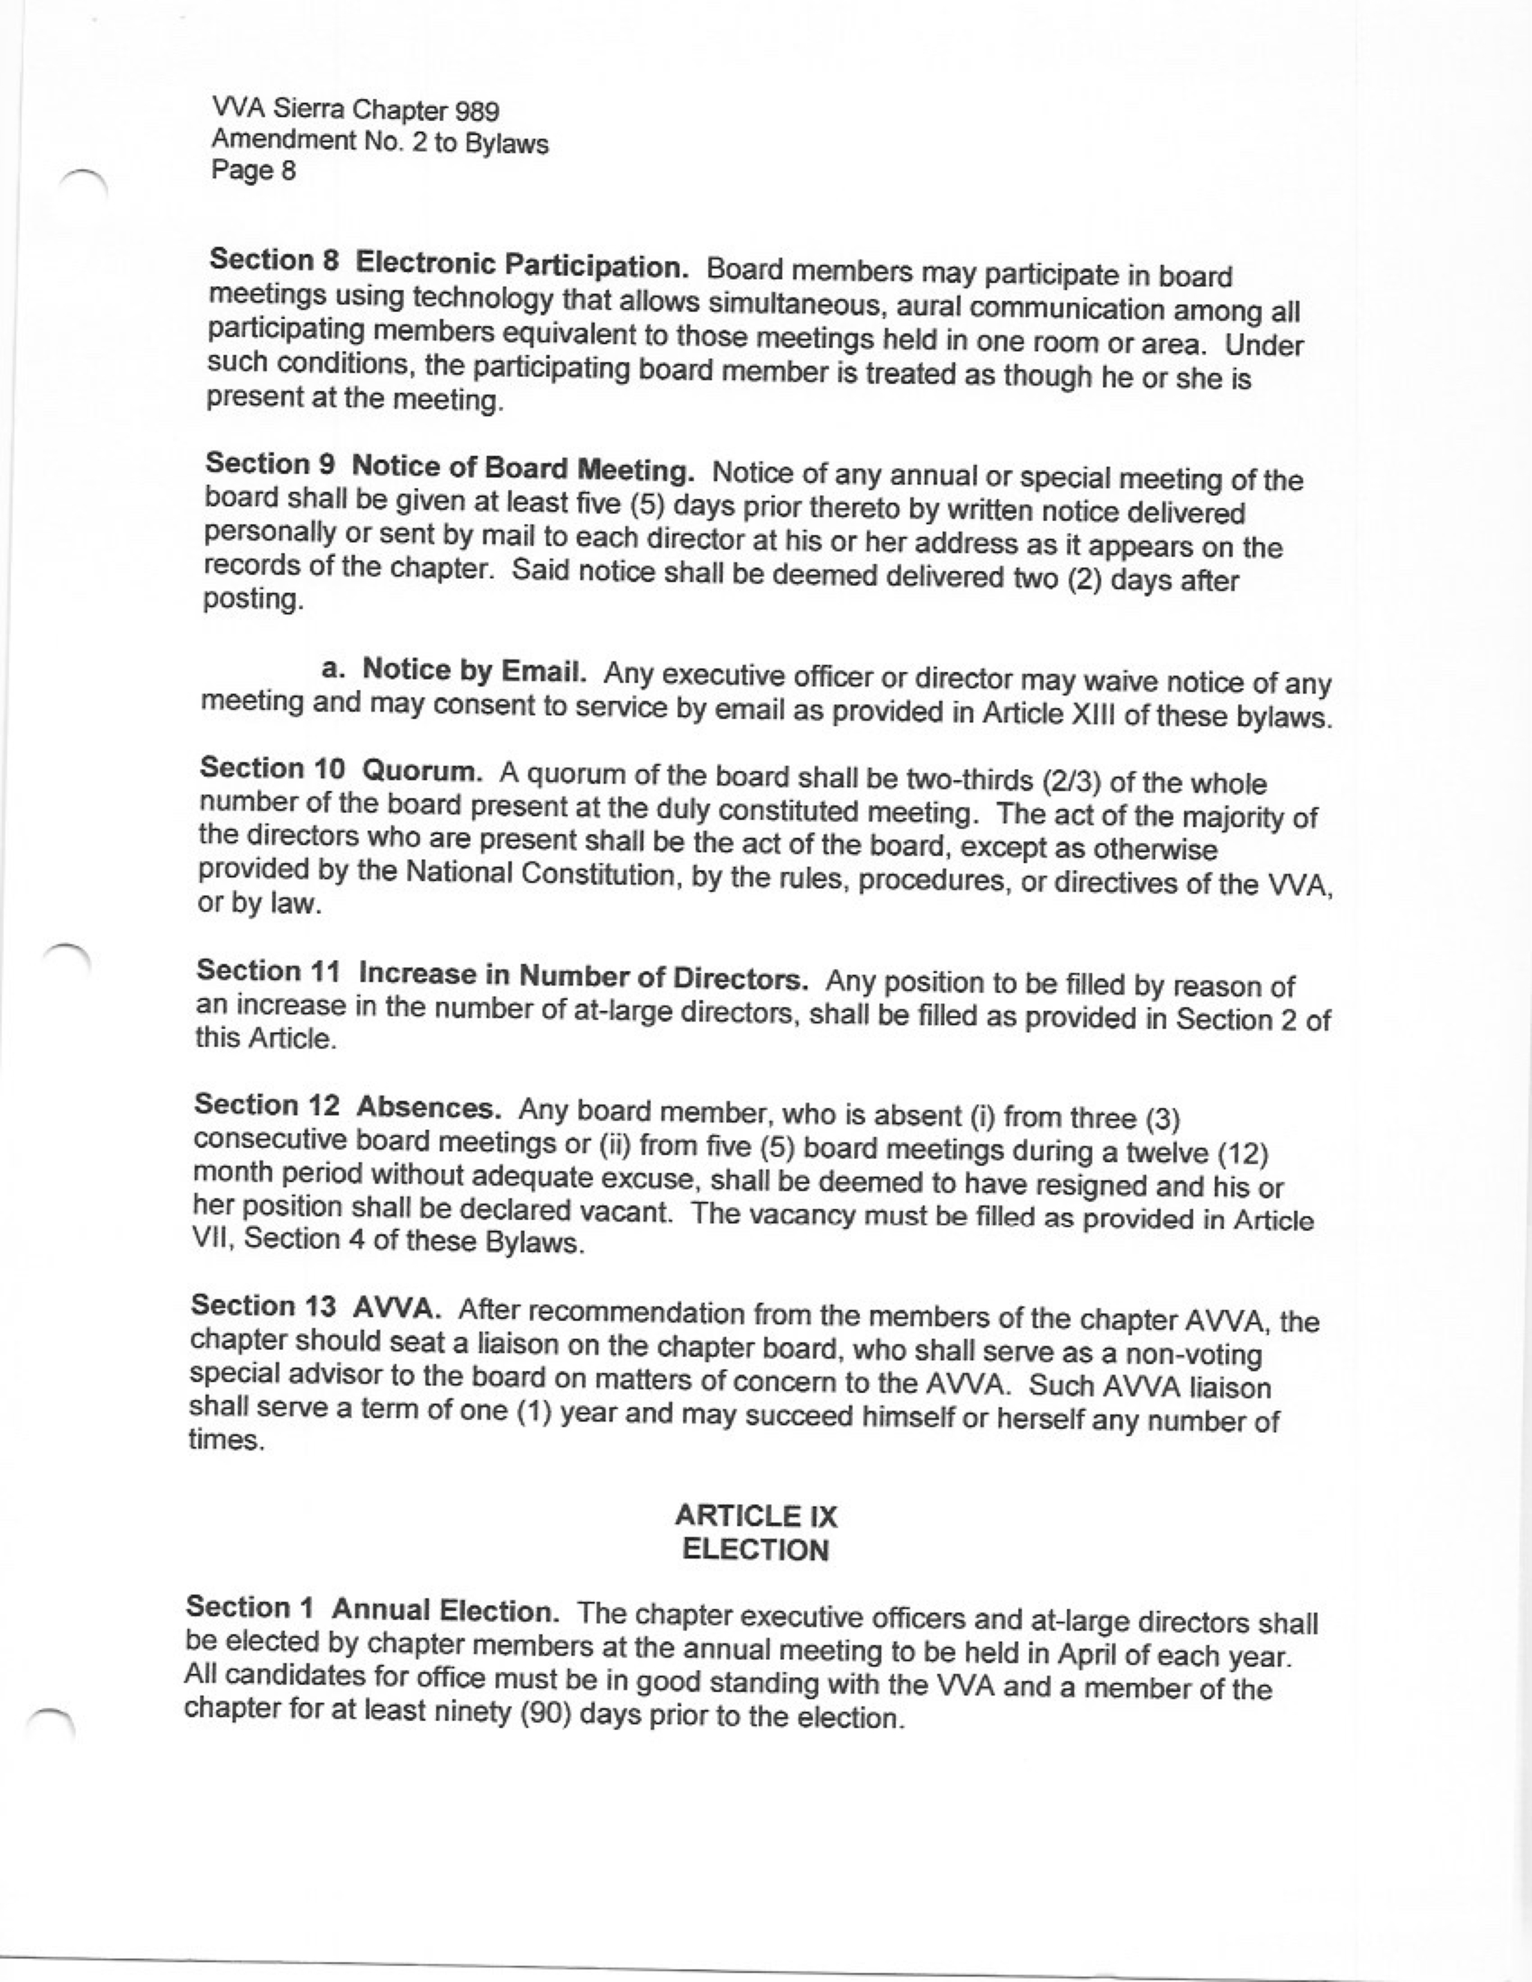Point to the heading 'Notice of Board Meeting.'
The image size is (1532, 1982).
523,468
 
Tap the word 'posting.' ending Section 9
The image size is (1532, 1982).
251,600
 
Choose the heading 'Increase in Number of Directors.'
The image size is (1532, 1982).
583,977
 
